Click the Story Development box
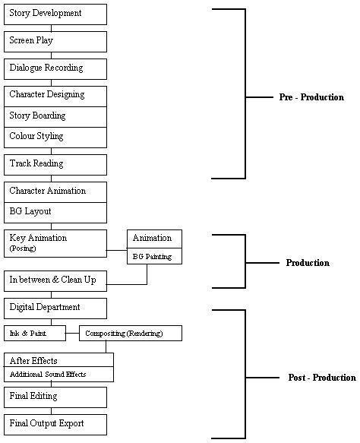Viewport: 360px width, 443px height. [x=55, y=14]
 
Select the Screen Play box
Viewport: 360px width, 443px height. [x=55, y=42]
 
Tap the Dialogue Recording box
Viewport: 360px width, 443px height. [x=55, y=69]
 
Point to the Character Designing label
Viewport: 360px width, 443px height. [x=47, y=95]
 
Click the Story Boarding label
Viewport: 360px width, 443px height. [x=37, y=115]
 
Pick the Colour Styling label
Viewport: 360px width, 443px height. [x=36, y=136]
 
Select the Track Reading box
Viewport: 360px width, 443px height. [x=55, y=165]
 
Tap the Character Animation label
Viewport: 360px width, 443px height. [x=48, y=191]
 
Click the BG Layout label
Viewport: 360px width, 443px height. [x=30, y=211]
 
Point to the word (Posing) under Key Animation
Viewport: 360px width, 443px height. [x=23, y=248]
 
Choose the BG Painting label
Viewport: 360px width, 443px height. [x=152, y=257]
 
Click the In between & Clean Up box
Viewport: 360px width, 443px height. [x=55, y=281]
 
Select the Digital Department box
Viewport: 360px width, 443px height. [x=55, y=309]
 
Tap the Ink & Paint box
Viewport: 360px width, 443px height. [x=35, y=333]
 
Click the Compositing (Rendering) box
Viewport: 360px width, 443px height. [x=131, y=333]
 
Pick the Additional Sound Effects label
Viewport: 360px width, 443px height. [x=48, y=375]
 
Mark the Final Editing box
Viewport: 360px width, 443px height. [x=55, y=397]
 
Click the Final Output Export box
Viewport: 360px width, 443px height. [x=55, y=425]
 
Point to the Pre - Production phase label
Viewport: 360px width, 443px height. [x=311, y=97]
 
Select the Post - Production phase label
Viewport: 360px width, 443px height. [x=322, y=378]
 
